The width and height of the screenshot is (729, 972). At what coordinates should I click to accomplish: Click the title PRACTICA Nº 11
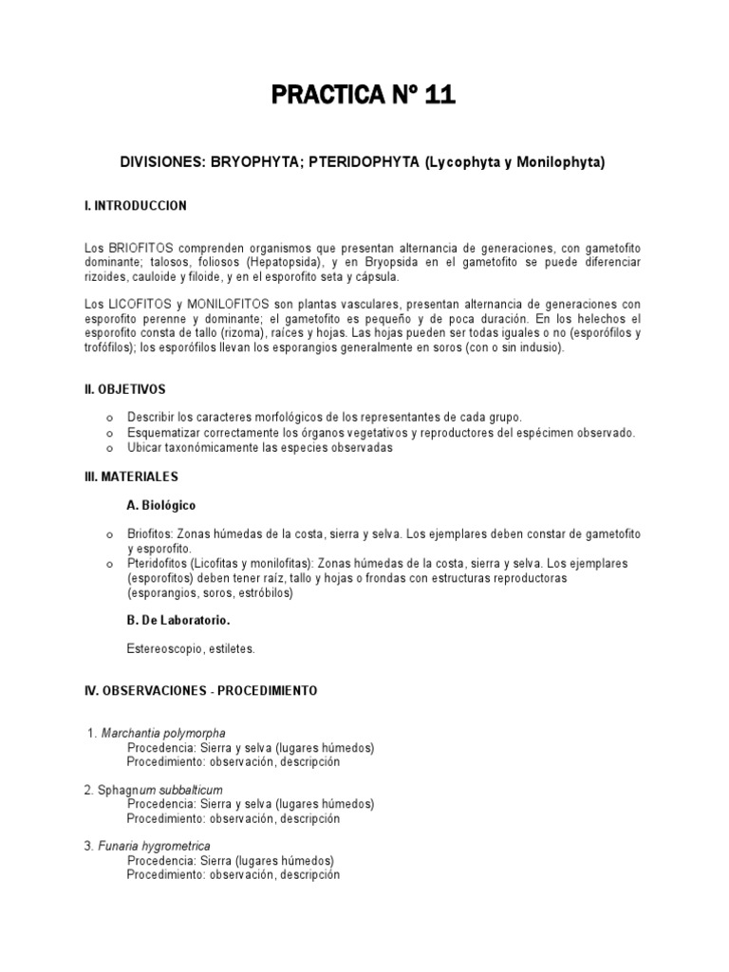[x=364, y=95]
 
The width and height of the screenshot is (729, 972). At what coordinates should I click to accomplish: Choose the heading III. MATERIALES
[x=131, y=476]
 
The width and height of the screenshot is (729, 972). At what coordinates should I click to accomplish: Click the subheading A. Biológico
[x=161, y=505]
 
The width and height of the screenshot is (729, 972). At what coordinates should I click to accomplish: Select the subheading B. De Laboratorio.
[x=178, y=621]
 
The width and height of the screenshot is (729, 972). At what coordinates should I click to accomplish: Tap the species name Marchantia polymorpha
[x=162, y=733]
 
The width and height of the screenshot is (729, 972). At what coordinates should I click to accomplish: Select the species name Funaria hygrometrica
[x=154, y=846]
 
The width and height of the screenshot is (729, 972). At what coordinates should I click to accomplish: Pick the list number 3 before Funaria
[x=88, y=846]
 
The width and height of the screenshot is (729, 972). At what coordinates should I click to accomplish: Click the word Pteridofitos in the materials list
[x=158, y=563]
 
